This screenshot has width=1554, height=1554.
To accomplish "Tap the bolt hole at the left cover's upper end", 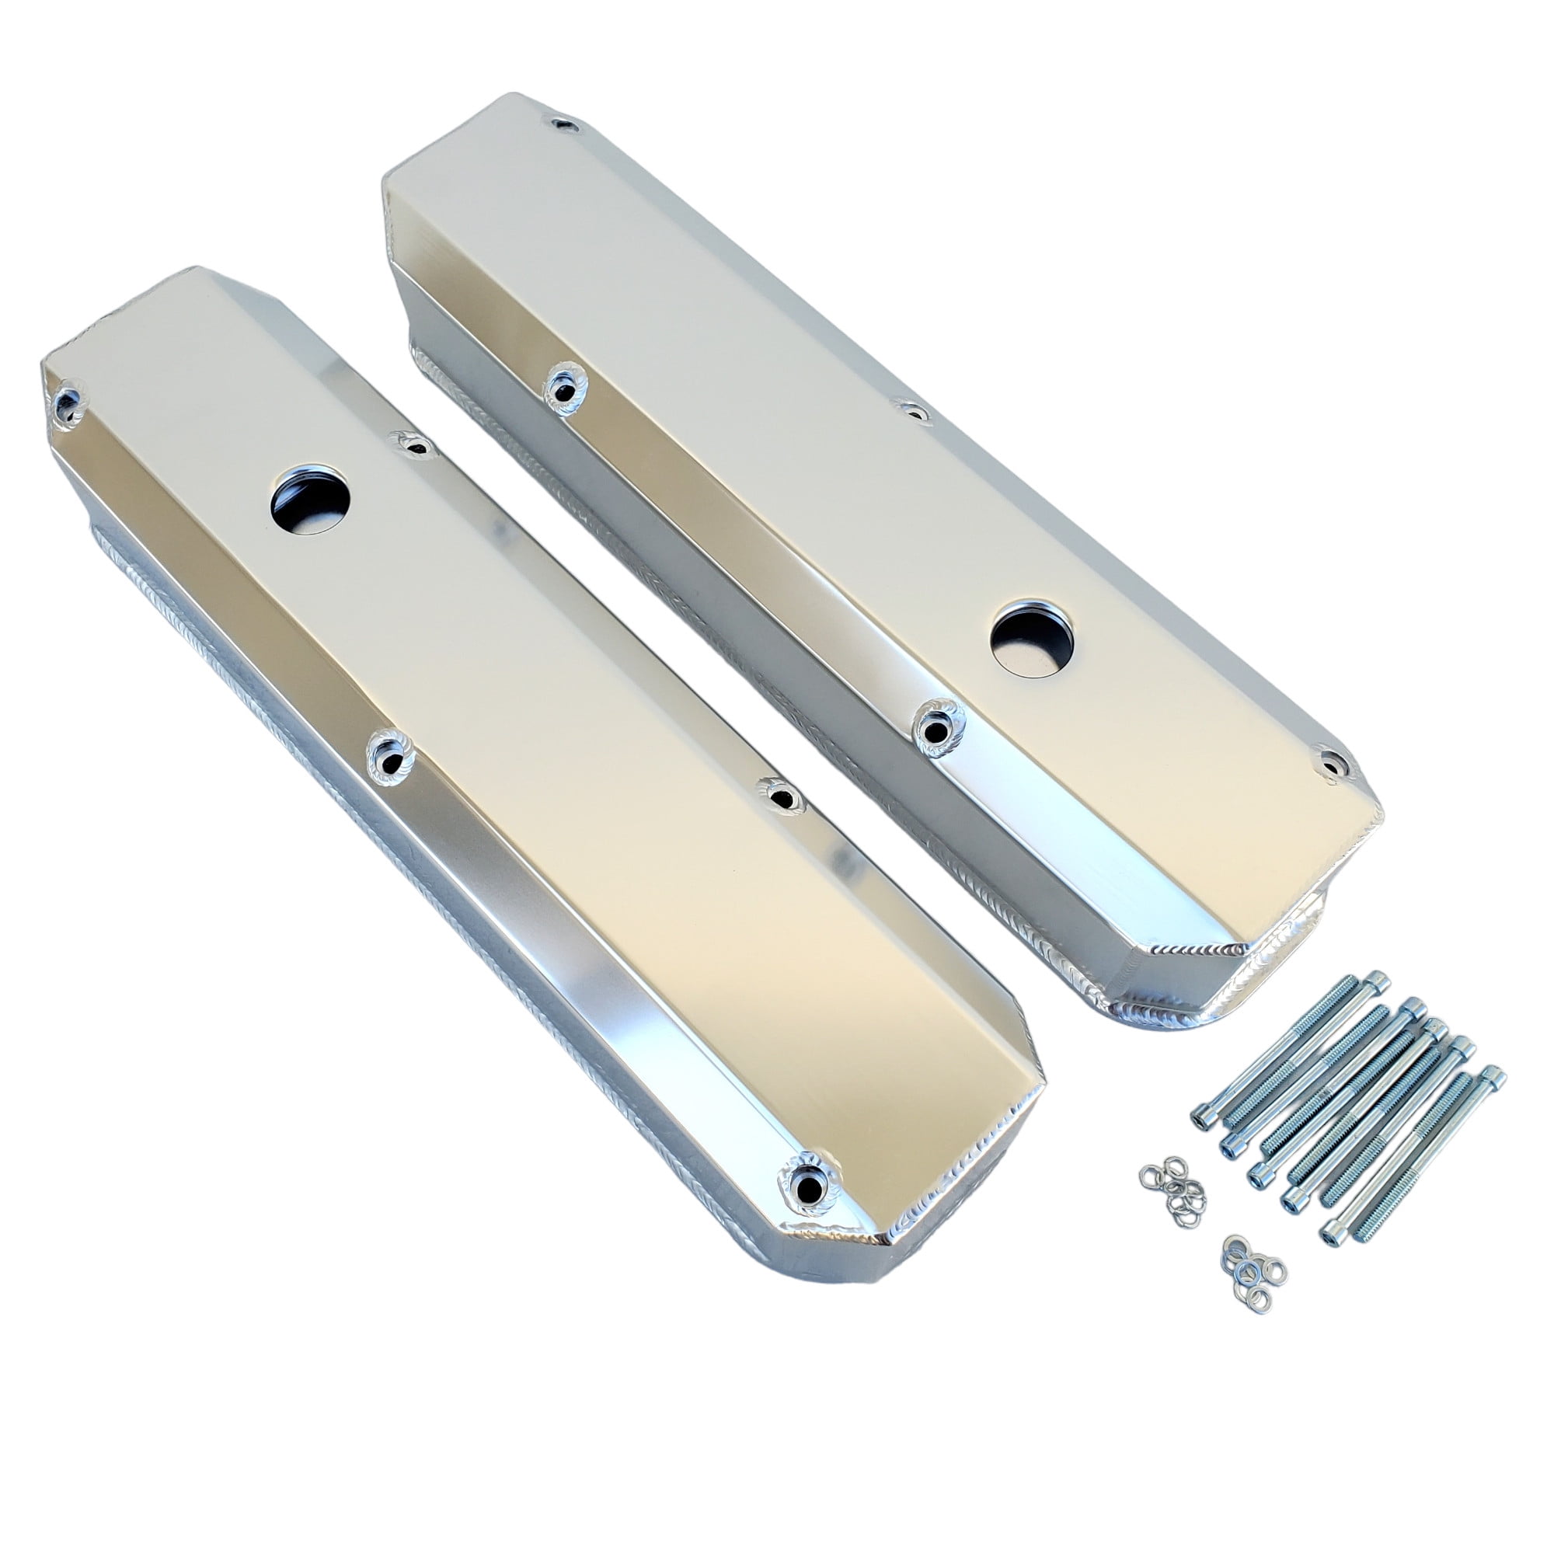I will pos(68,399).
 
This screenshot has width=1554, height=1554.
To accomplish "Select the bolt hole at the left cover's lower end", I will pos(806,1204).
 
